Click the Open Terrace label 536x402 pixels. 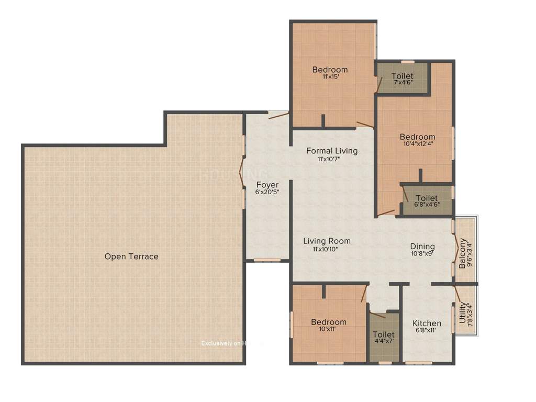click(x=131, y=256)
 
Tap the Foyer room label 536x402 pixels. click(x=267, y=185)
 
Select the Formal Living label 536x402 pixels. click(x=332, y=151)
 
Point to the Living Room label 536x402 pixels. click(x=327, y=241)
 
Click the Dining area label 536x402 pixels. click(x=422, y=247)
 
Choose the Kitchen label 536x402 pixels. click(x=427, y=323)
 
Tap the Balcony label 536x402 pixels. click(x=462, y=254)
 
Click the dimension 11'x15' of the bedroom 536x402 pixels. click(x=330, y=77)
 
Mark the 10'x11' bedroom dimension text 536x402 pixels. click(x=328, y=330)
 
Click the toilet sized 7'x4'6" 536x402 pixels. click(x=402, y=80)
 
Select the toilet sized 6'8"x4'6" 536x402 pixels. click(x=427, y=202)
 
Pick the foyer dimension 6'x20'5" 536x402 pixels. click(x=267, y=192)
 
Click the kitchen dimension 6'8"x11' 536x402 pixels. click(x=427, y=331)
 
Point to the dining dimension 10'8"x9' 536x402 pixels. click(x=422, y=254)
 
